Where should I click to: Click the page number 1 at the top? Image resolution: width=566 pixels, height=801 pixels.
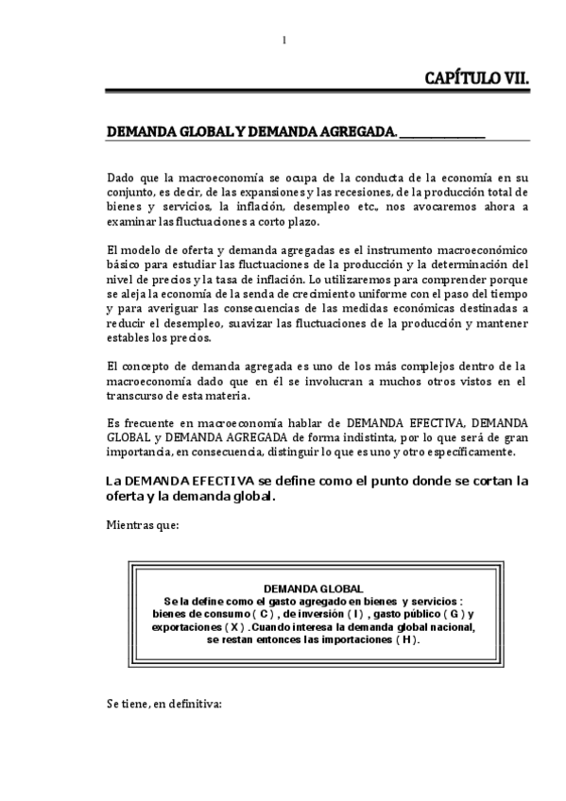[283, 39]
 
